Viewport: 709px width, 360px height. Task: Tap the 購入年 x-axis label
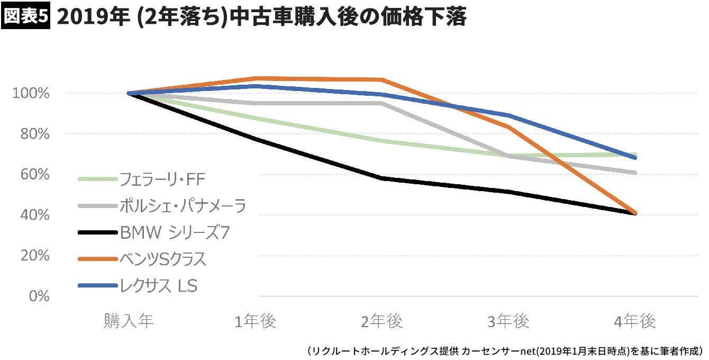(129, 321)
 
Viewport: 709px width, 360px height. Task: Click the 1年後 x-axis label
(256, 321)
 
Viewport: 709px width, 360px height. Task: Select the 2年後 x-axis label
(382, 321)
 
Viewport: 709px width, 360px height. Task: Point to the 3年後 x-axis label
(508, 321)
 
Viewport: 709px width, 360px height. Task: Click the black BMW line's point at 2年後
(382, 178)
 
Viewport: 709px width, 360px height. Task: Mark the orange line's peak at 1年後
(256, 79)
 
